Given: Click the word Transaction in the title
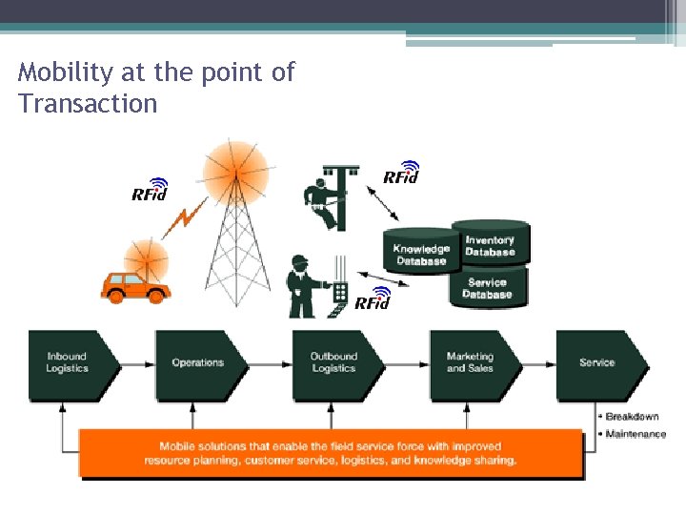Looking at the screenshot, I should (88, 104).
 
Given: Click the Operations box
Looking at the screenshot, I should (198, 363).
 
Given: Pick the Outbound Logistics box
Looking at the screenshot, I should (334, 363).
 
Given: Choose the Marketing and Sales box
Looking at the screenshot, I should (471, 363).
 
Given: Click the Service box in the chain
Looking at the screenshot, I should (598, 363).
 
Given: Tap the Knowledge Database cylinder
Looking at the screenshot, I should (421, 254).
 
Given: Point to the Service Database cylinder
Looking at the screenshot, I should (487, 287).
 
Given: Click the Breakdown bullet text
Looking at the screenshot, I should (633, 417).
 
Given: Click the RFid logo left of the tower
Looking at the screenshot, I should (150, 191).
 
